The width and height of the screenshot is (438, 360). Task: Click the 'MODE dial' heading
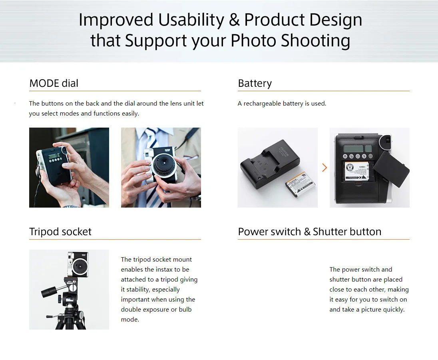pos(54,83)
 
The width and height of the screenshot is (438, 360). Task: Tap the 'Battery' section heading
pos(255,83)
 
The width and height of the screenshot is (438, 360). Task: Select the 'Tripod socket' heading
pos(60,232)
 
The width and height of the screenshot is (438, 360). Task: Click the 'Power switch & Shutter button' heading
pos(309,232)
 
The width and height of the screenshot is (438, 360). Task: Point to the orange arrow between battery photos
pos(325,168)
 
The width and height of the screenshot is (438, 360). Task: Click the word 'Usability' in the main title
pos(191,20)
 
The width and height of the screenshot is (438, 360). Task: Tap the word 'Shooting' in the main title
pos(315,41)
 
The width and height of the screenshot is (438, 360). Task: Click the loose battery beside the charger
pos(300,185)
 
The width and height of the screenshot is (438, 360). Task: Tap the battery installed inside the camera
pos(356,171)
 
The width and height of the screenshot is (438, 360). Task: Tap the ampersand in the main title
pos(234,20)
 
